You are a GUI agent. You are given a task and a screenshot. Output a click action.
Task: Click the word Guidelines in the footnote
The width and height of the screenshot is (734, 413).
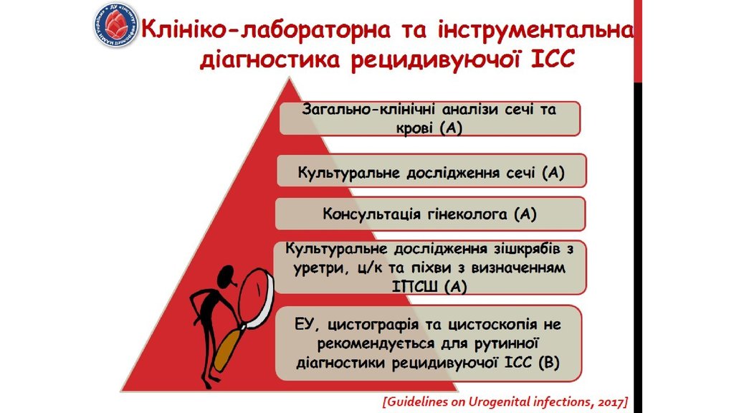[x=419, y=400]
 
